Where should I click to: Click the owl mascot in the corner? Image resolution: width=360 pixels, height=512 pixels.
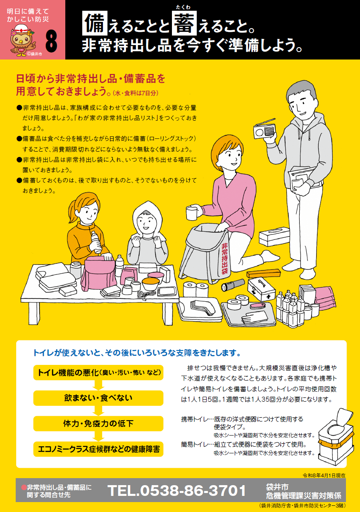point(23,40)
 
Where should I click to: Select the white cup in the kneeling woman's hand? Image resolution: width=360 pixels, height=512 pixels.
point(191,213)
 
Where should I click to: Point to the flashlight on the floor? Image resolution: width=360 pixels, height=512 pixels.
point(233,285)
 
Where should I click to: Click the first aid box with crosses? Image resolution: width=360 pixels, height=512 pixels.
point(261,289)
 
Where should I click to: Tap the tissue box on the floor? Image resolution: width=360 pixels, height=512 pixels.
point(274,236)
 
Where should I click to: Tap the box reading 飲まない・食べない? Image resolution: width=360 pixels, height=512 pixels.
point(98,398)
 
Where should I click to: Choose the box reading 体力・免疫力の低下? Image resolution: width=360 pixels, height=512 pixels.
point(98,424)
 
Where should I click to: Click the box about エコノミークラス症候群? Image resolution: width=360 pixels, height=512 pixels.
point(98,449)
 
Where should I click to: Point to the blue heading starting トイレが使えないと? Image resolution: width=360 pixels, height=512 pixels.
point(137,353)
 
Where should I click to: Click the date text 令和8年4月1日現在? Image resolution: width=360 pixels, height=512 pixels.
point(324,475)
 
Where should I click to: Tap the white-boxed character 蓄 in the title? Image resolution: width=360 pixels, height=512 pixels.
point(184,24)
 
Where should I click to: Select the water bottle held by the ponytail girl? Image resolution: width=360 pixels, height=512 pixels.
point(96,242)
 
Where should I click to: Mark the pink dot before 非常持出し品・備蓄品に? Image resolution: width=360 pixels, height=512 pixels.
point(24,487)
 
